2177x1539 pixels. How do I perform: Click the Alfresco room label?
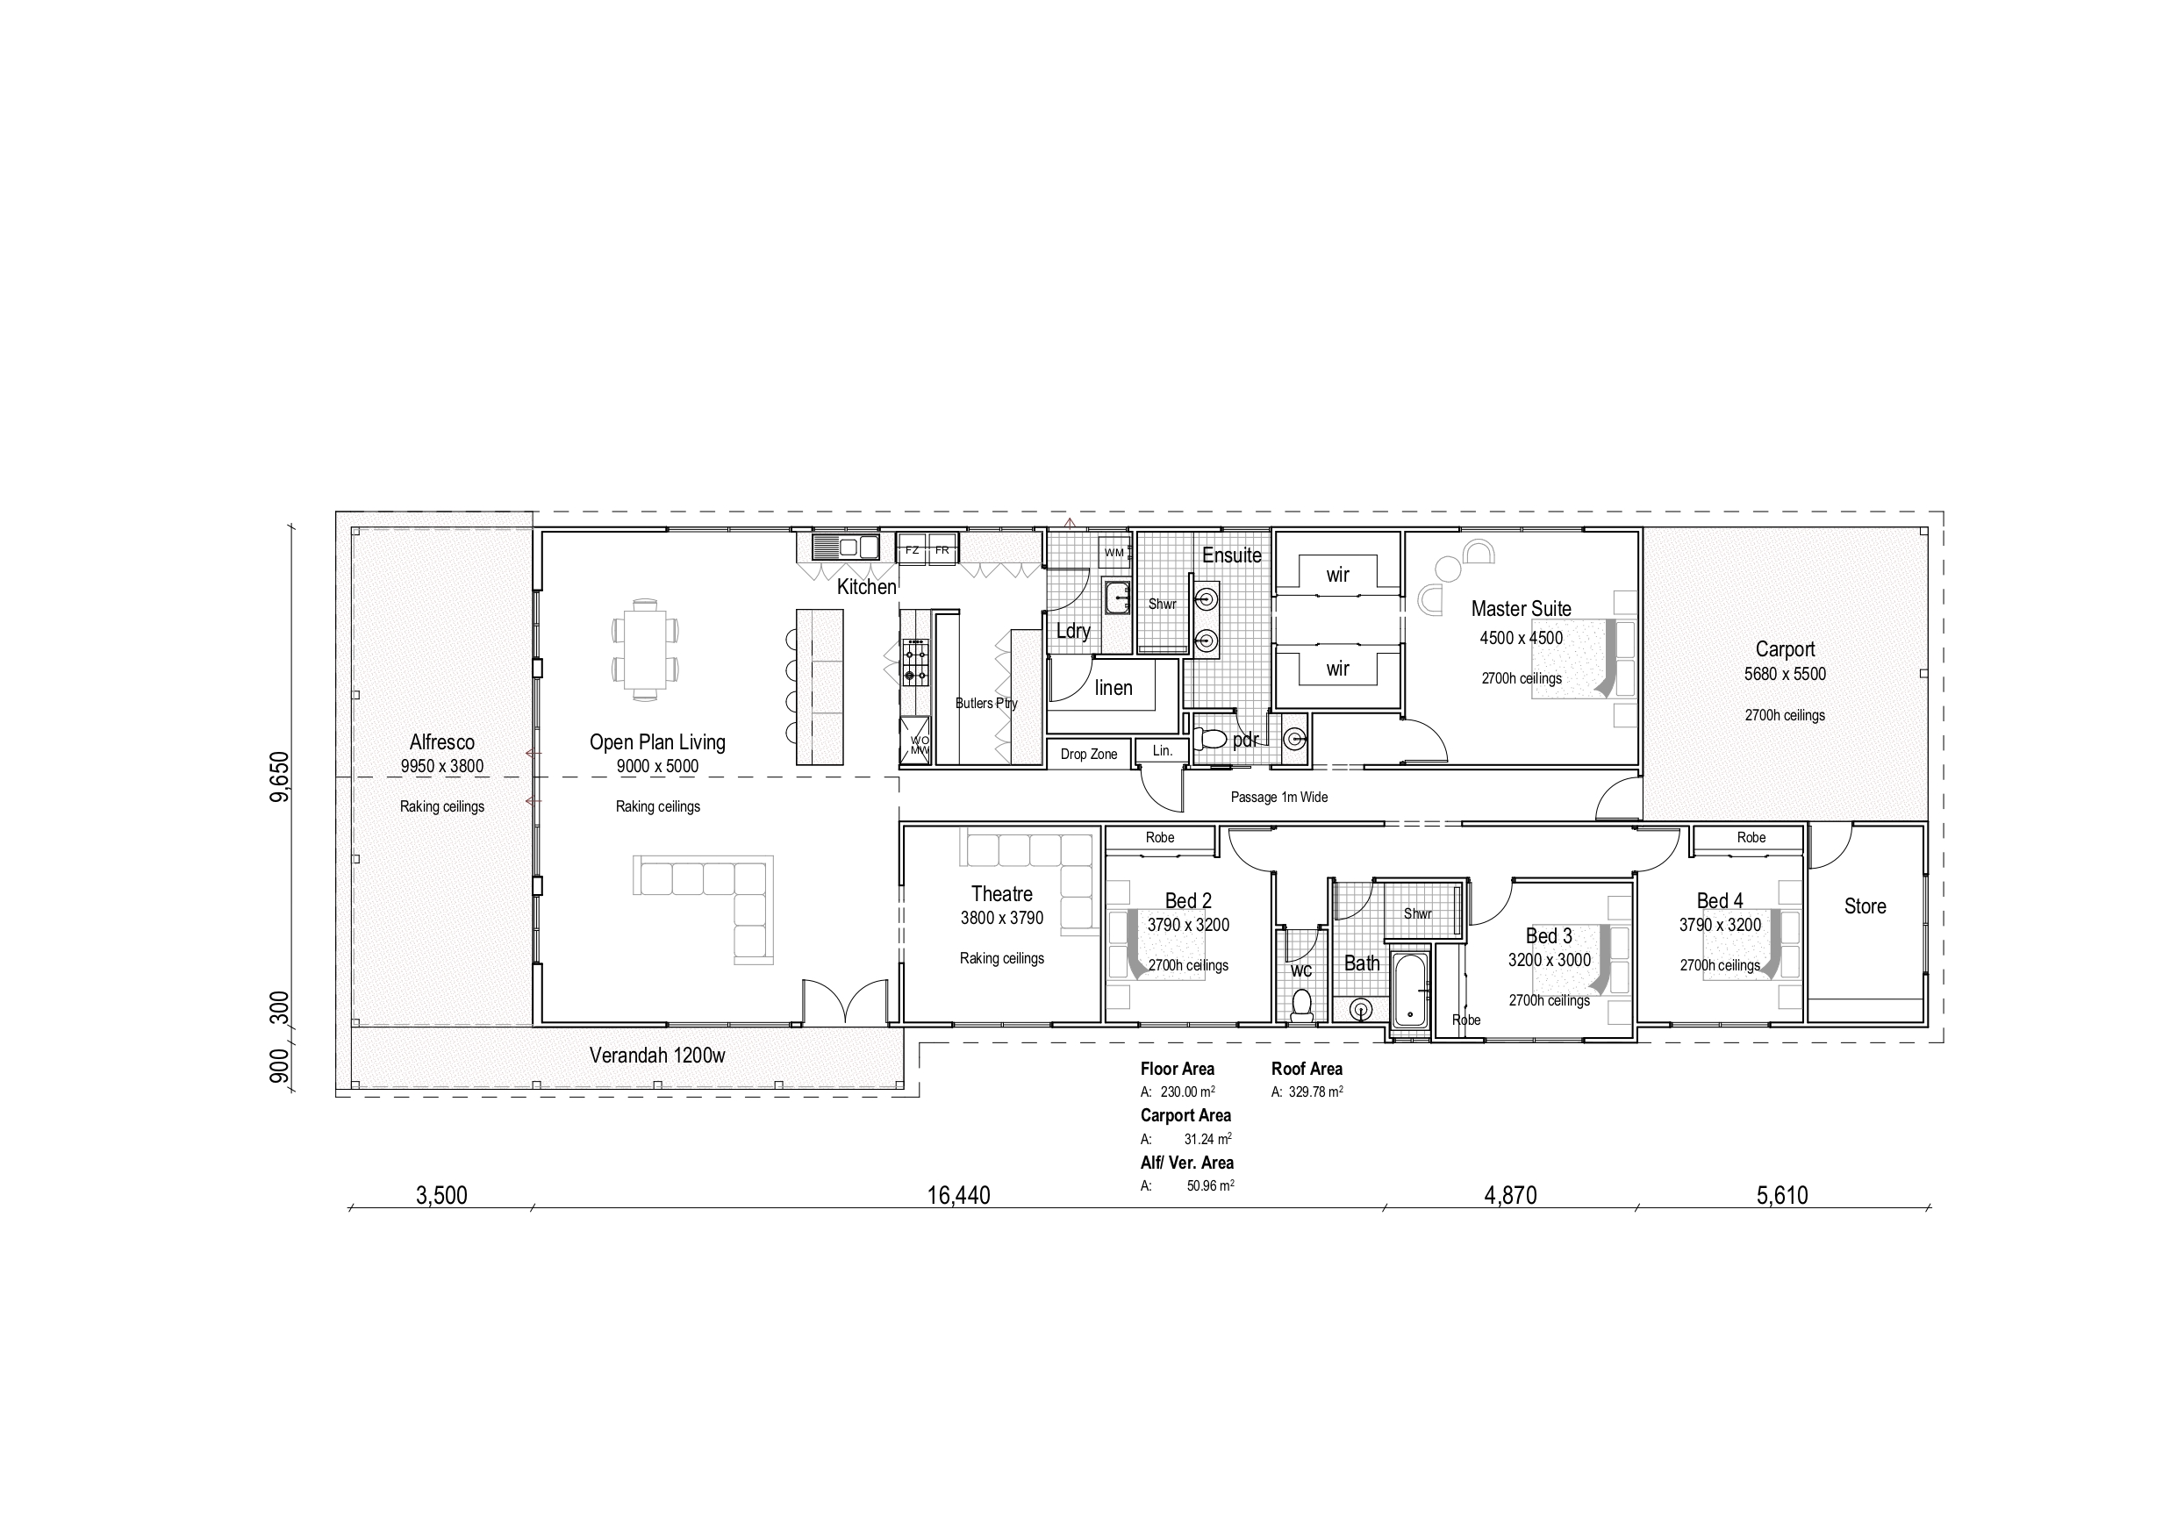[442, 742]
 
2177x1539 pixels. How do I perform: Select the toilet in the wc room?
[1302, 1003]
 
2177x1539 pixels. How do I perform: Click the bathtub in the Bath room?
[1411, 991]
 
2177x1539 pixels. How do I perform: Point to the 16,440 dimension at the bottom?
[957, 1196]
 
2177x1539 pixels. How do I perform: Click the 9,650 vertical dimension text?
[279, 777]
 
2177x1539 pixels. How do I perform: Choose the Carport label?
[1785, 649]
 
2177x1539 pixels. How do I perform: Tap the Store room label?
[1864, 906]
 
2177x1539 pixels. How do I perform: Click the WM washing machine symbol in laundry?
[1114, 553]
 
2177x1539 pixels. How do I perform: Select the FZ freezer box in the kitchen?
[913, 550]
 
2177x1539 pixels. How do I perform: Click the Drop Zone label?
[1088, 755]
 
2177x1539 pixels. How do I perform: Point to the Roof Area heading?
[1307, 1069]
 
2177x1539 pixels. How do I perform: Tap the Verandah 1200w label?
[657, 1056]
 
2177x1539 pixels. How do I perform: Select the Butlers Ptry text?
[986, 704]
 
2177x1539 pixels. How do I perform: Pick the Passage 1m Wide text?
[1278, 798]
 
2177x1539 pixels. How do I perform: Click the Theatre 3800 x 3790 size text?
[1001, 918]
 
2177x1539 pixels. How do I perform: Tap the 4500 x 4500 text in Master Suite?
[1521, 638]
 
